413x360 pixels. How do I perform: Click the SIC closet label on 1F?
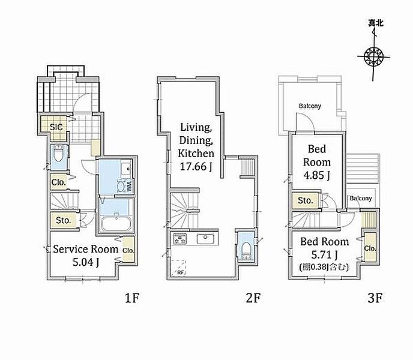pos(56,127)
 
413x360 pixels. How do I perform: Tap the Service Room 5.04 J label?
pos(86,256)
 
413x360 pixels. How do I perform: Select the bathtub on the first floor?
pos(116,224)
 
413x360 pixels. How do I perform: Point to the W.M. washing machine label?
pos(130,184)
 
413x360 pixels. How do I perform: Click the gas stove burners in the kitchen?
pos(180,239)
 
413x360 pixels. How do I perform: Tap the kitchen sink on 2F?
pos(205,239)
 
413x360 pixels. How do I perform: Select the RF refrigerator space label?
pos(181,272)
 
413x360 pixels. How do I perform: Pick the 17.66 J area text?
pos(196,166)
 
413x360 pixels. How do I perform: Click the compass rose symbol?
pos(373,56)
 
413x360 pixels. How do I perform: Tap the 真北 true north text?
pos(376,23)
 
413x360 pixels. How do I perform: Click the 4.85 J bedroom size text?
pos(317,175)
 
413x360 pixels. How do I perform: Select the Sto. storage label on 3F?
pos(306,200)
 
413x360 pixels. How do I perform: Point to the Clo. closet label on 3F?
pos(370,248)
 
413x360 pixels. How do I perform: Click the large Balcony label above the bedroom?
pos(310,106)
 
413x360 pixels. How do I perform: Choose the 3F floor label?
pos(375,298)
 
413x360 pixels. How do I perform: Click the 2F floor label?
pos(253,298)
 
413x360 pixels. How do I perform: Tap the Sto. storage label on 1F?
pos(64,220)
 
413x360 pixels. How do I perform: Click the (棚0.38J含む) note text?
pos(324,268)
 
